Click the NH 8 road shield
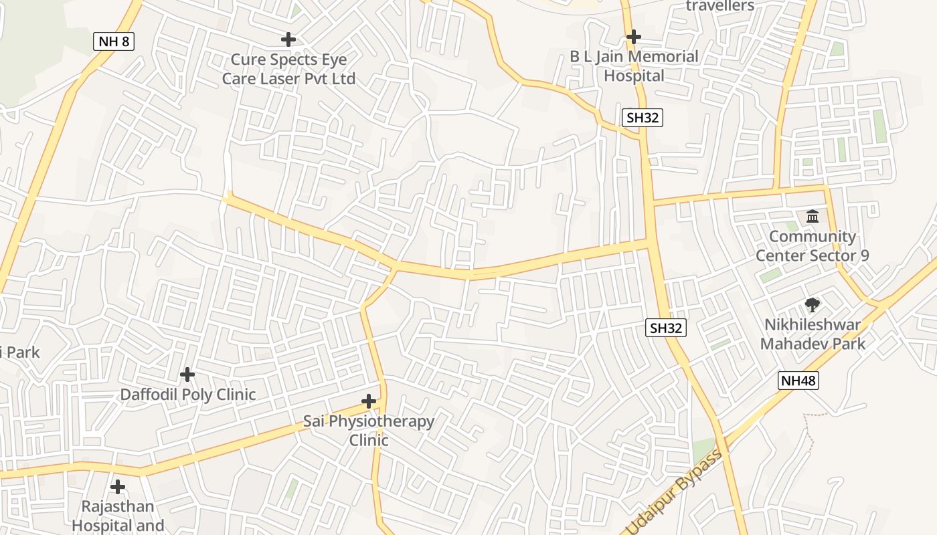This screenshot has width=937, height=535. pyautogui.click(x=114, y=41)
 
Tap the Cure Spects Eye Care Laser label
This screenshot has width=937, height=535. pyautogui.click(x=288, y=69)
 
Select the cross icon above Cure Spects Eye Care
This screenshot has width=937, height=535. pyautogui.click(x=288, y=39)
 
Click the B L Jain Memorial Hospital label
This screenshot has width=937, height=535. pyautogui.click(x=634, y=66)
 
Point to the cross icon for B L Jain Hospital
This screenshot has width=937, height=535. pyautogui.click(x=634, y=37)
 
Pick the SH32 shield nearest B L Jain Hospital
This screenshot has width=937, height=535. pyautogui.click(x=642, y=118)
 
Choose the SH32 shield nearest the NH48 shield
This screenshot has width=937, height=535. pyautogui.click(x=667, y=328)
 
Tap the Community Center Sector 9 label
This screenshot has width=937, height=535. pyautogui.click(x=812, y=246)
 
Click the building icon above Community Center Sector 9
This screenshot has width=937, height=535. pyautogui.click(x=813, y=216)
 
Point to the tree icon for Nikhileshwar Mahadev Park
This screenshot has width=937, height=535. pyautogui.click(x=813, y=305)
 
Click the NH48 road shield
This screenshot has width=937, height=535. pyautogui.click(x=798, y=381)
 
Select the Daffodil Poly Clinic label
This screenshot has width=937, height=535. pyautogui.click(x=188, y=395)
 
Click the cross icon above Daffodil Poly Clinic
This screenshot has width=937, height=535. pyautogui.click(x=187, y=374)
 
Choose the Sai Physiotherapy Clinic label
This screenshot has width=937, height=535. pyautogui.click(x=369, y=431)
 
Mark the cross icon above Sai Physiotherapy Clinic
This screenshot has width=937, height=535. pyautogui.click(x=369, y=401)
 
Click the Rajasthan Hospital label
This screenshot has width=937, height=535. pyautogui.click(x=118, y=516)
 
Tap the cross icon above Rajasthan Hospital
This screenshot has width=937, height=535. pyautogui.click(x=118, y=486)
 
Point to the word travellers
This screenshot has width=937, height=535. pyautogui.click(x=720, y=6)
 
